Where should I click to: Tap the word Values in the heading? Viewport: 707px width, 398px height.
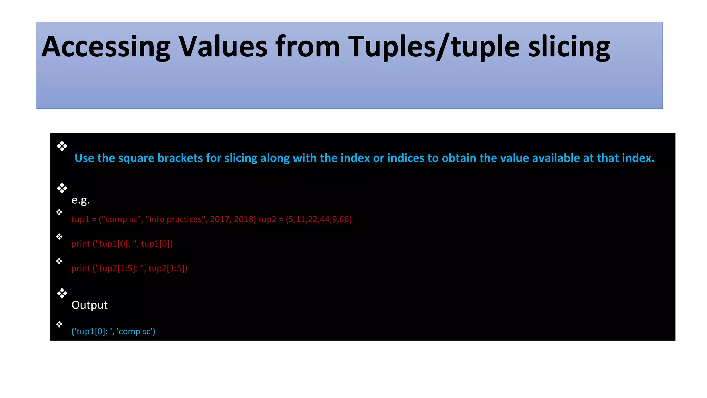pos(223,47)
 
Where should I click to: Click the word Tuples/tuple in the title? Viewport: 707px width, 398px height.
pos(434,47)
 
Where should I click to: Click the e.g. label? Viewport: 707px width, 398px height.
pos(80,200)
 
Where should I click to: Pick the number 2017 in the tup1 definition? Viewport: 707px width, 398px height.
pos(220,219)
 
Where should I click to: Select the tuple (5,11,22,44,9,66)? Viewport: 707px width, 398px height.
pos(319,219)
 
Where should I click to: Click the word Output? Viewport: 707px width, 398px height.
pos(89,305)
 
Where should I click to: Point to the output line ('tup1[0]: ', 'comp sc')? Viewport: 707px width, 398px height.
pos(113,331)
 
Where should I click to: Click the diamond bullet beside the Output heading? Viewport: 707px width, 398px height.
pos(62,293)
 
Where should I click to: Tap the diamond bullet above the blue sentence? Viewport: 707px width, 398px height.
pos(62,146)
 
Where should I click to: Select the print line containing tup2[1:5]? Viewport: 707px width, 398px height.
pos(129,268)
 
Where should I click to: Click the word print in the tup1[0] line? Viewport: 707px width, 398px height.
pos(81,244)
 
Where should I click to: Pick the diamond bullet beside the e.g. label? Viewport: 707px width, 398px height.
pos(62,188)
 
